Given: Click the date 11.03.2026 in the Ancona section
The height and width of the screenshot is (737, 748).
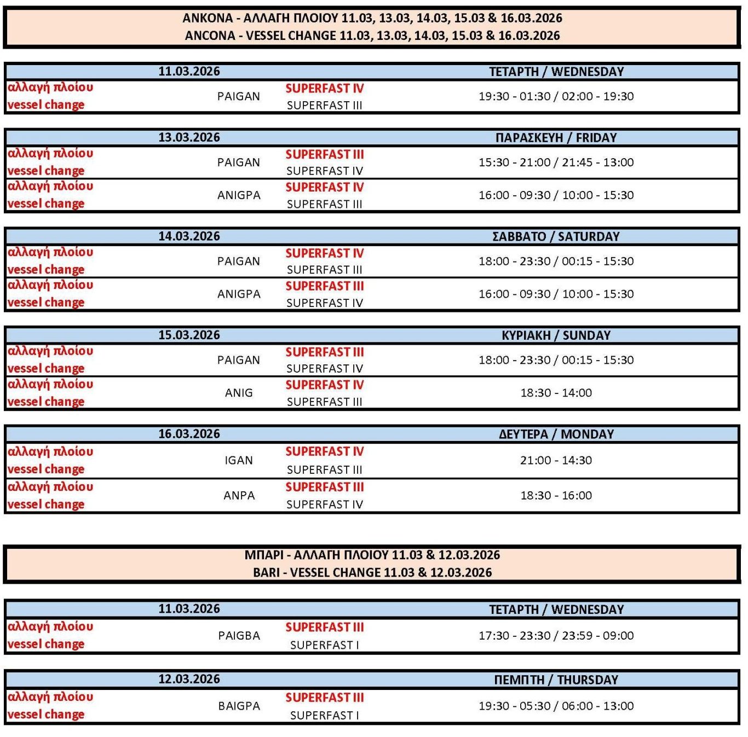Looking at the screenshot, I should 189,71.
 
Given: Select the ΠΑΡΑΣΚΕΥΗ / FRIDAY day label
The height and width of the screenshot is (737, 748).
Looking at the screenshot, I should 556,137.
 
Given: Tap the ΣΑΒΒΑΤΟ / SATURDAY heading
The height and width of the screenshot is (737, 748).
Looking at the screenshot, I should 556,236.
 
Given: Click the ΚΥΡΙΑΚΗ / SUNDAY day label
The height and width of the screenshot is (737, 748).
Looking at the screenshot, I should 556,335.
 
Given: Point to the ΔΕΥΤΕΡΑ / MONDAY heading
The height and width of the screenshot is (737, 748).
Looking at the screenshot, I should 556,434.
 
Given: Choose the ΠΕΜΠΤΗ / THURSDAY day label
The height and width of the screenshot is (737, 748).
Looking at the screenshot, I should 556,680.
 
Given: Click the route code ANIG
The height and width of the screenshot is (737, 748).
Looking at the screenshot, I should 239,393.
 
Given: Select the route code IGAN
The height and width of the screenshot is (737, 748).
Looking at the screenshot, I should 239,460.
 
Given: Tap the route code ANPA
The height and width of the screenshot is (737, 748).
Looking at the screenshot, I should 239,495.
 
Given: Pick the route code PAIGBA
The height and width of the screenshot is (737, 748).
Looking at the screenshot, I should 239,636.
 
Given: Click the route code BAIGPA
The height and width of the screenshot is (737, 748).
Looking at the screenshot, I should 239,706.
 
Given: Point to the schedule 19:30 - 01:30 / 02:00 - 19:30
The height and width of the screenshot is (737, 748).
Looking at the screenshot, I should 556,96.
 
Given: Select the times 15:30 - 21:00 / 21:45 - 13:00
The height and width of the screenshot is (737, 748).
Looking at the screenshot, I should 556,163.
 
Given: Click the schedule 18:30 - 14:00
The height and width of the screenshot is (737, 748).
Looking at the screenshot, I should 556,393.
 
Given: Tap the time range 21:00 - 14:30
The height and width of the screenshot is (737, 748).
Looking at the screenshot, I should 556,460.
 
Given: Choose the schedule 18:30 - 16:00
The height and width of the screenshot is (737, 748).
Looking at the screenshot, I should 556,495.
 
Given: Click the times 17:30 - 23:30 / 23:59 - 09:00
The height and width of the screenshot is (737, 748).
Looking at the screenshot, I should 556,636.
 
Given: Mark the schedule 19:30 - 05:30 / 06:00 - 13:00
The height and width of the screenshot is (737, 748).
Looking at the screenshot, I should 556,706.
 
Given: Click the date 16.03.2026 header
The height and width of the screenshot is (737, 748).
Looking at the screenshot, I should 189,434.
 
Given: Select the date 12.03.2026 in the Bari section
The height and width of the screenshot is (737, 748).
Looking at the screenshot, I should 189,679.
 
